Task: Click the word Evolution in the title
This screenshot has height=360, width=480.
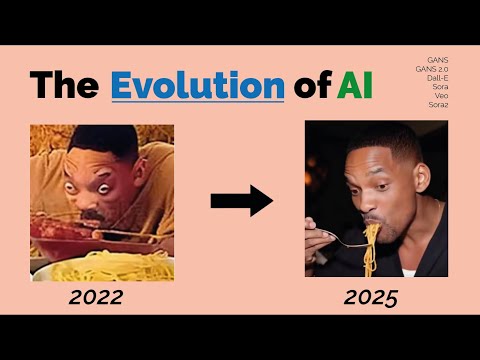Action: (198, 85)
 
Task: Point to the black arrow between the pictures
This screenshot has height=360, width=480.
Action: (241, 201)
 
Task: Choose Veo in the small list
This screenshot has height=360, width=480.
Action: (441, 96)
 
